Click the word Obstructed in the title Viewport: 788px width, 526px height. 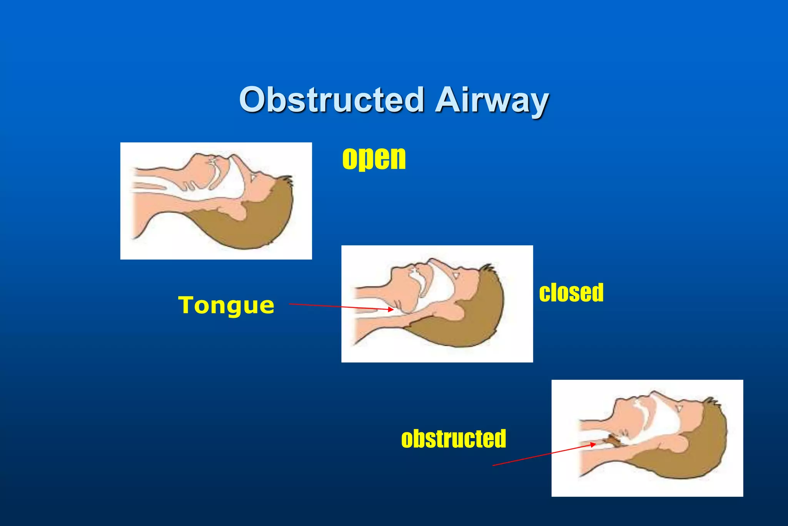(332, 100)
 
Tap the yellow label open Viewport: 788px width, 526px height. (374, 159)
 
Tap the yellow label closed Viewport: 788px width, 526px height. (571, 293)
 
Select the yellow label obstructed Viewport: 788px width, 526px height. (453, 439)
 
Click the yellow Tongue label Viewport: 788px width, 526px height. (226, 306)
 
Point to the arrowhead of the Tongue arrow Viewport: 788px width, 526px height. (392, 309)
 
